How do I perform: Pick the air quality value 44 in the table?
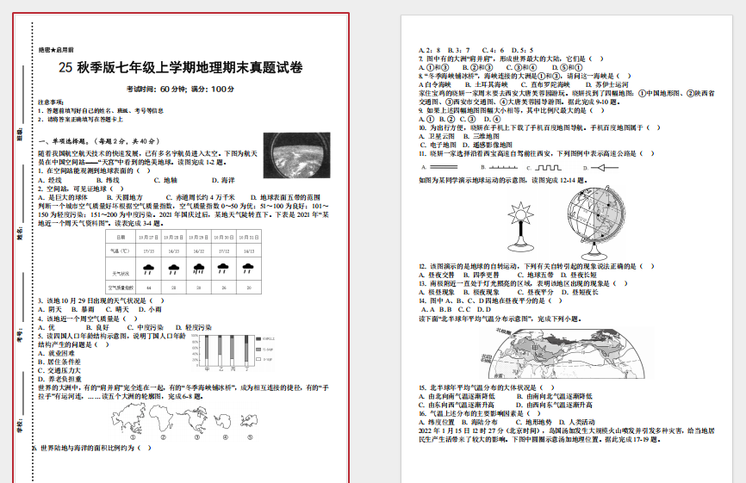(x=149, y=287)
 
